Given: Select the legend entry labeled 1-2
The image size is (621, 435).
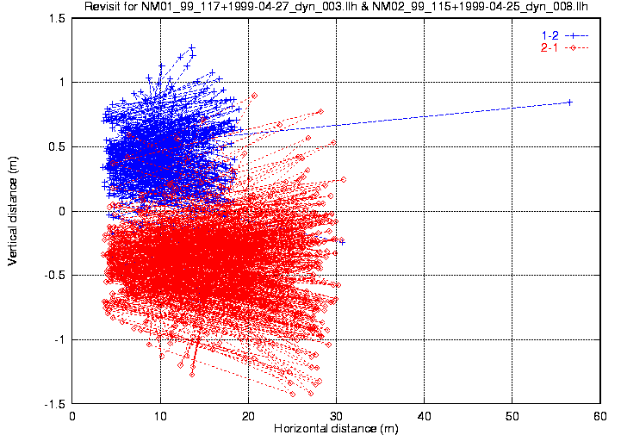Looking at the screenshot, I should [x=549, y=35].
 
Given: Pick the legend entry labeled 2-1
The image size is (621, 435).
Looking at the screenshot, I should [x=549, y=47].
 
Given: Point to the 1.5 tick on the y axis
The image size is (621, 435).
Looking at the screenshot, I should [x=59, y=18].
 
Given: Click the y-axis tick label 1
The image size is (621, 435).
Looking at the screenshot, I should [x=63, y=83].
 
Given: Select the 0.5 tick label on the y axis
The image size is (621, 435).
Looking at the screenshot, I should [x=59, y=146].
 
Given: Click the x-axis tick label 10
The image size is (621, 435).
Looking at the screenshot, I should [x=160, y=416].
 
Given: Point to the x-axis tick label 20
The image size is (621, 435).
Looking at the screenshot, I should [x=248, y=416].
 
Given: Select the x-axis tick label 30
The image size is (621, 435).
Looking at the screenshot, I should [x=336, y=416].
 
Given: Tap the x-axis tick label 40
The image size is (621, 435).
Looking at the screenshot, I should [x=424, y=416].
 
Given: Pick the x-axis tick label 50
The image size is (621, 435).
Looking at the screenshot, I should [x=512, y=416].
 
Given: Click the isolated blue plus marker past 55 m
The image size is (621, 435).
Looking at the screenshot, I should [x=569, y=103].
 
